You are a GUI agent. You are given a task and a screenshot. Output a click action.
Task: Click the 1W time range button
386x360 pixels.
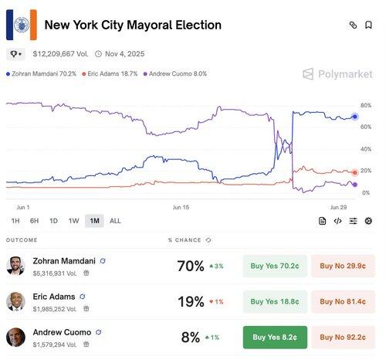(73, 221)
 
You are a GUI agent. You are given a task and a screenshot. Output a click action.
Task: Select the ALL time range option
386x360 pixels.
(115, 221)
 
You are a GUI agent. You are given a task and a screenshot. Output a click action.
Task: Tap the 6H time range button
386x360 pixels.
(34, 221)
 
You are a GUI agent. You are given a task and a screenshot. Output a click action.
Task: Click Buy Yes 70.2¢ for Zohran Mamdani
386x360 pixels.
(275, 266)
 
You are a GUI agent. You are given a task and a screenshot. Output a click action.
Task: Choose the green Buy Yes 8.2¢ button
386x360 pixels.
(275, 338)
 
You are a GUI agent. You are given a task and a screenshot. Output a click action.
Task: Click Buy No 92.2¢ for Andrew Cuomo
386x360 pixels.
(343, 338)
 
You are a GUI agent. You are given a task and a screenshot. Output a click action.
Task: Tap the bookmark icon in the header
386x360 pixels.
(368, 25)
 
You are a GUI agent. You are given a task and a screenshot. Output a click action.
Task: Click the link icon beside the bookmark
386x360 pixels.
(353, 25)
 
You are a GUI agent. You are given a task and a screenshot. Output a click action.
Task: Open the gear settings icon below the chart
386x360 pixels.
(368, 221)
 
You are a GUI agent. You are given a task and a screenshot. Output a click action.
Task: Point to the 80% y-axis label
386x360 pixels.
(366, 105)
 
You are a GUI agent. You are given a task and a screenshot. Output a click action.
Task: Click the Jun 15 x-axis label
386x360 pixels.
(181, 207)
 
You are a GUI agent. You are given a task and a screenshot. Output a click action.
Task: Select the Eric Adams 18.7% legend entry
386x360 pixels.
(110, 74)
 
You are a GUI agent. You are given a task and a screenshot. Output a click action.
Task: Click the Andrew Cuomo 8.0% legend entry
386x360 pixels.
(175, 74)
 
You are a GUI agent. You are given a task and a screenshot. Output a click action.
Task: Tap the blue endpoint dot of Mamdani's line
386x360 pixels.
(355, 117)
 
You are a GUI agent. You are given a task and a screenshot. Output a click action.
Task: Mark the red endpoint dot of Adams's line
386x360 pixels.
(355, 172)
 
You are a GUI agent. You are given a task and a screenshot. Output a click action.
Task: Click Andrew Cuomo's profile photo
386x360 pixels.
(15, 338)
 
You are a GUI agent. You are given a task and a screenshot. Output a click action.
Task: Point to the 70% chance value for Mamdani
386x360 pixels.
(191, 266)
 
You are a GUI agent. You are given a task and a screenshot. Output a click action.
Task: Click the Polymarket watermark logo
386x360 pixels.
(337, 74)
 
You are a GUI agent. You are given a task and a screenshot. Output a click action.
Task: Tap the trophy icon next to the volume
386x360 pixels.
(15, 54)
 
